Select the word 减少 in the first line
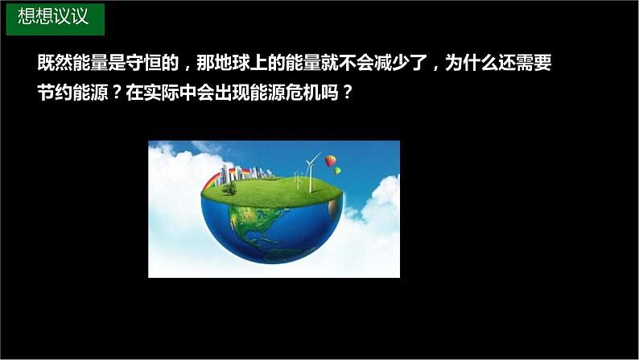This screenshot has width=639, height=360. coord(383,62)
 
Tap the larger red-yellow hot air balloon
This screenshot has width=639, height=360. coord(330,163)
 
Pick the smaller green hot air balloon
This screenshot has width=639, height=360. coord(338,171)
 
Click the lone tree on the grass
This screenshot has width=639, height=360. coord(231,188)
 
